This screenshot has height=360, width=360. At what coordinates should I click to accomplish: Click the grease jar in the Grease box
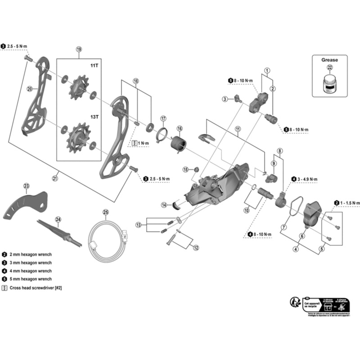pos(331,82)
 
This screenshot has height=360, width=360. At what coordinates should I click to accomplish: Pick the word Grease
pos(329,59)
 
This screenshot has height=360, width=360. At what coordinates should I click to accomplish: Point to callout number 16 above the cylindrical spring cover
pos(180,129)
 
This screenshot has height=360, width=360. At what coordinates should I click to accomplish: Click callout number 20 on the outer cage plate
pos(30,89)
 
